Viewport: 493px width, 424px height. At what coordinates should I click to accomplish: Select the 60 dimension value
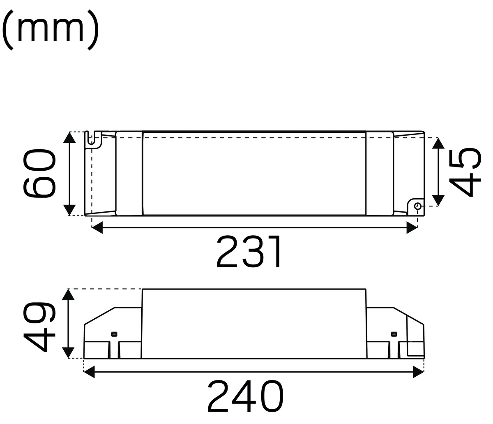pyautogui.click(x=39, y=173)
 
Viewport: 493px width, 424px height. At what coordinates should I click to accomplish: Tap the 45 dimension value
pyautogui.click(x=465, y=172)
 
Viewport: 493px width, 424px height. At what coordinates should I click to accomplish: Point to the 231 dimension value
pyautogui.click(x=249, y=251)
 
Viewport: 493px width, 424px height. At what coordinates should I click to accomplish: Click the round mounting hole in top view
pyautogui.click(x=417, y=206)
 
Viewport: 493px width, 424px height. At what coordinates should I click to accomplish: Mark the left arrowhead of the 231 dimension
pyautogui.click(x=97, y=227)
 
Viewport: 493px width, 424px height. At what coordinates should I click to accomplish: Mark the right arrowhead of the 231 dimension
pyautogui.click(x=412, y=227)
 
